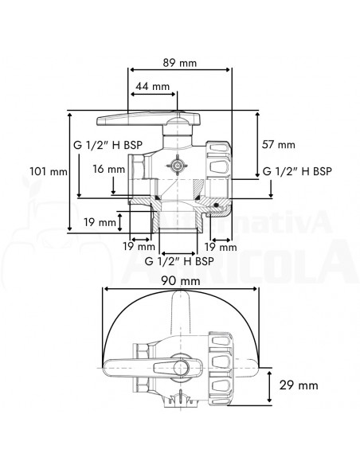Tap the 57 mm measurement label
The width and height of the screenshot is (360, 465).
click(278, 144)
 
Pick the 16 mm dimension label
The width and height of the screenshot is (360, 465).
click(108, 169)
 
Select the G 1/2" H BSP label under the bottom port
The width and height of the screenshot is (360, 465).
click(179, 260)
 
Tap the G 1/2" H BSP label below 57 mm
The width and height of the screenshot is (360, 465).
click(297, 171)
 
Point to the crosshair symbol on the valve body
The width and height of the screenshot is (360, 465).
click(176, 165)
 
